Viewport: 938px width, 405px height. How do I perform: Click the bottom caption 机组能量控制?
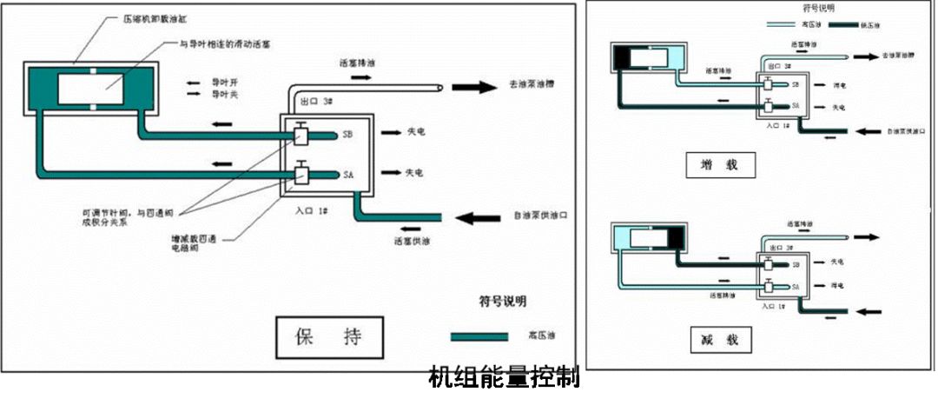pyautogui.click(x=504, y=379)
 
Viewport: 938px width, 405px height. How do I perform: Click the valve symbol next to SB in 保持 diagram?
pyautogui.click(x=300, y=136)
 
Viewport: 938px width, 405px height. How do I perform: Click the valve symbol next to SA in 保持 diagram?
pyautogui.click(x=300, y=173)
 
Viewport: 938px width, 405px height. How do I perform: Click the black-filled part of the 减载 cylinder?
pyautogui.click(x=671, y=236)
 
